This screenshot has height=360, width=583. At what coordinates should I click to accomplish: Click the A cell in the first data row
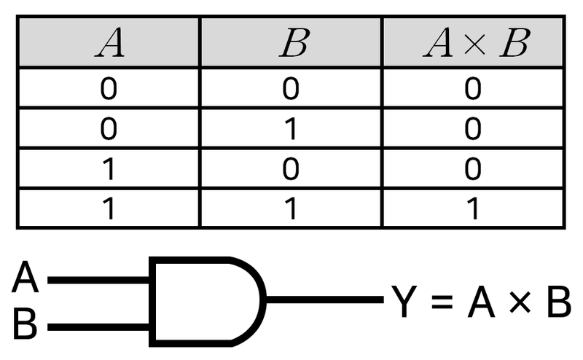[109, 90]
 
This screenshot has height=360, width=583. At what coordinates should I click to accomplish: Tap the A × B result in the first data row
[474, 90]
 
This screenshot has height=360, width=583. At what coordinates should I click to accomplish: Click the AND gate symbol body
[204, 300]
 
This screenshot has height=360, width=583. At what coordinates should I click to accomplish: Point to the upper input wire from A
[98, 278]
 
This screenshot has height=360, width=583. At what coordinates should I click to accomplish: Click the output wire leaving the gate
[324, 300]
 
